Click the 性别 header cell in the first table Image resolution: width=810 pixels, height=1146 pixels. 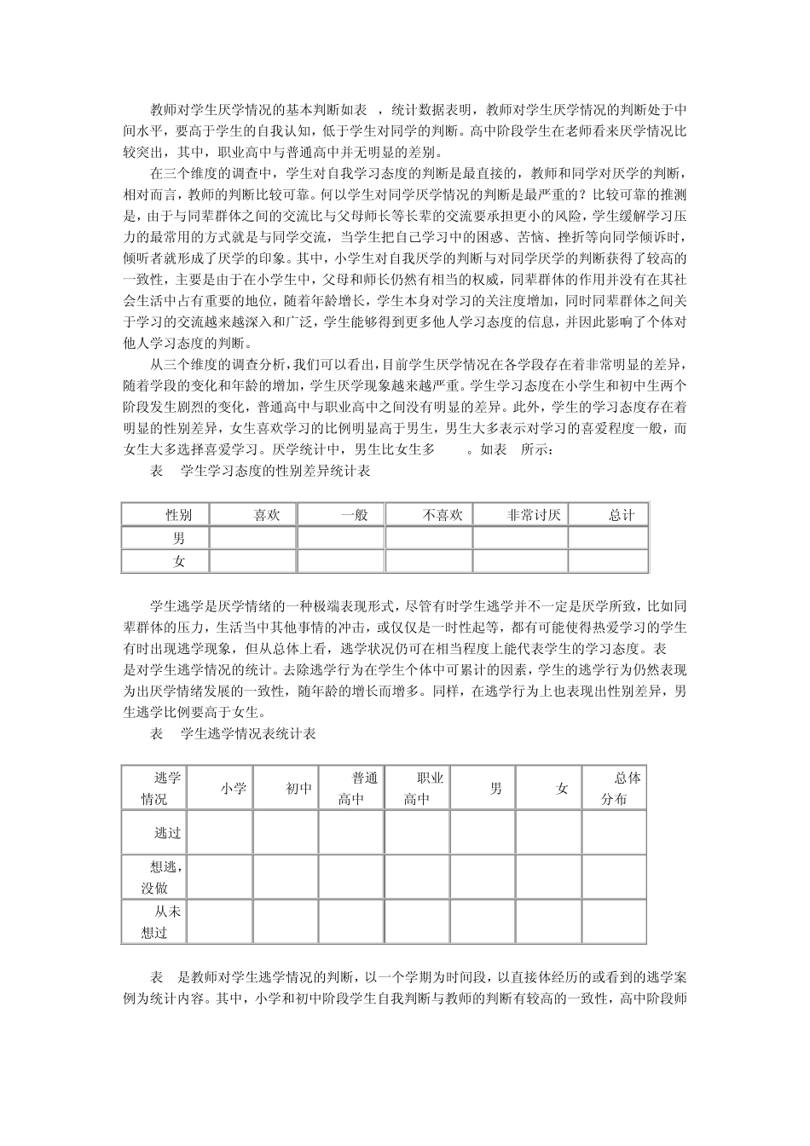pyautogui.click(x=179, y=515)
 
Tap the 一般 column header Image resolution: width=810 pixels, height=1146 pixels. pyautogui.click(x=355, y=515)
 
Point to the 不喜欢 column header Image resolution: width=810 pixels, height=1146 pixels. pyautogui.click(x=443, y=515)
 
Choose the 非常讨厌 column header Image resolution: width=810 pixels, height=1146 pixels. pyautogui.click(x=534, y=515)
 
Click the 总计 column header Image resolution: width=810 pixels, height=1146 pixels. pyautogui.click(x=622, y=515)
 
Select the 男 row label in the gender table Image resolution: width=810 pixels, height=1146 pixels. pyautogui.click(x=179, y=538)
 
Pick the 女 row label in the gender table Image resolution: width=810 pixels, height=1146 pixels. pyautogui.click(x=179, y=561)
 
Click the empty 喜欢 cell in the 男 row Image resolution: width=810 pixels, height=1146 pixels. pyautogui.click(x=252, y=538)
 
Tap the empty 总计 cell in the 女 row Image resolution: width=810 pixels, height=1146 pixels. pyautogui.click(x=607, y=561)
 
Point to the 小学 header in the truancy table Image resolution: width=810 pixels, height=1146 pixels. pyautogui.click(x=233, y=789)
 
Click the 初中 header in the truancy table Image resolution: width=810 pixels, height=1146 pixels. pyautogui.click(x=298, y=789)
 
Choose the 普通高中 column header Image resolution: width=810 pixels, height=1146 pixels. pyautogui.click(x=357, y=789)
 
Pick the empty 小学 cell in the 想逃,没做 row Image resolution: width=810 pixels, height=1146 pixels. pyautogui.click(x=220, y=877)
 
